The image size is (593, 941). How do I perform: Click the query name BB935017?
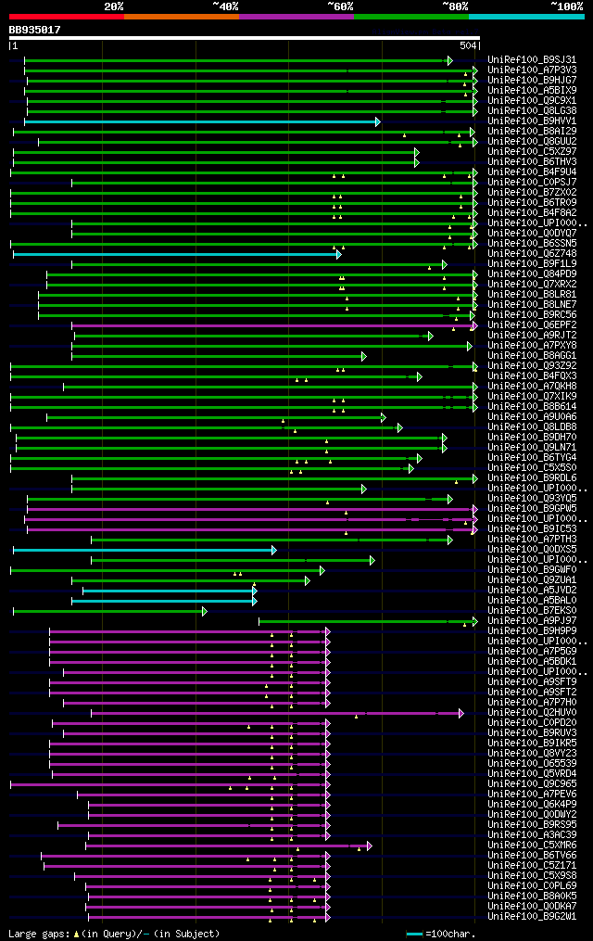[x=35, y=30]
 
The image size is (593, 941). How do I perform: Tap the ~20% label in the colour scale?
[x=113, y=6]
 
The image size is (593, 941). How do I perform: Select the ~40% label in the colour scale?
[x=225, y=6]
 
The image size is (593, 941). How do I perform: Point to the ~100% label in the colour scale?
[x=567, y=6]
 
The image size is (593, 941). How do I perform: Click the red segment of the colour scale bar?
[x=66, y=16]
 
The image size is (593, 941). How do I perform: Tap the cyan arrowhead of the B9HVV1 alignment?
[x=378, y=121]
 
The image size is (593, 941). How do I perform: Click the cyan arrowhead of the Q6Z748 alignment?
[x=339, y=254]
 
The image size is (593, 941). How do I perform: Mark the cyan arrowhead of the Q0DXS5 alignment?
[x=274, y=550]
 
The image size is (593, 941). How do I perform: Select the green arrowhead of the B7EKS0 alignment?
[x=205, y=611]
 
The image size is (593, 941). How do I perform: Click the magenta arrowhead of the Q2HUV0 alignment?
[x=461, y=713]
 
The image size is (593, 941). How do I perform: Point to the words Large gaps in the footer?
[x=35, y=934]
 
